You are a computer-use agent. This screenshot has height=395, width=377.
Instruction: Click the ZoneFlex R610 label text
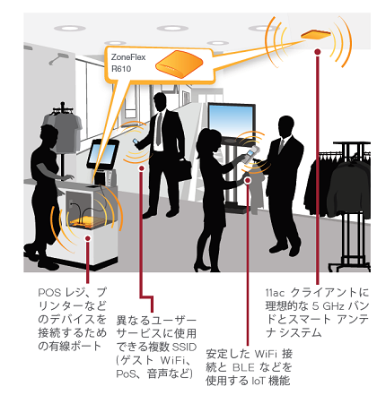point(128,63)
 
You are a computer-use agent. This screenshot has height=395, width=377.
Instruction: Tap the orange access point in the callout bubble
point(179,64)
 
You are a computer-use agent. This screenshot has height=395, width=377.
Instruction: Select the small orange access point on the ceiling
point(316,35)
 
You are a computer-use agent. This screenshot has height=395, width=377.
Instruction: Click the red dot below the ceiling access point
point(318,52)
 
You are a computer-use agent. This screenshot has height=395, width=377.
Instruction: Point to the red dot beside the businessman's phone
point(142,168)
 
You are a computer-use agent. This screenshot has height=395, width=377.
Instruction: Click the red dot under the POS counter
point(88,238)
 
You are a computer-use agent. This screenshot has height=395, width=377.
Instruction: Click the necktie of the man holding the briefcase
point(159,129)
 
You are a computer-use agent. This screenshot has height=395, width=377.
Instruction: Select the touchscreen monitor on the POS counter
point(102,154)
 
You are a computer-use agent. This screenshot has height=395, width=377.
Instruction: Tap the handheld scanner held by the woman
point(250,155)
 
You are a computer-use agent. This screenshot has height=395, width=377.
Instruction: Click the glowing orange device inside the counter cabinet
point(88,221)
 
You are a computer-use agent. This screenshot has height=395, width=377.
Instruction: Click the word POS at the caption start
point(49,292)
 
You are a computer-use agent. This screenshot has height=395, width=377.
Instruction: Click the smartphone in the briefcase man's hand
point(136,141)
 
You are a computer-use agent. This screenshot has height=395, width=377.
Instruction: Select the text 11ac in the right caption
point(275,293)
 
